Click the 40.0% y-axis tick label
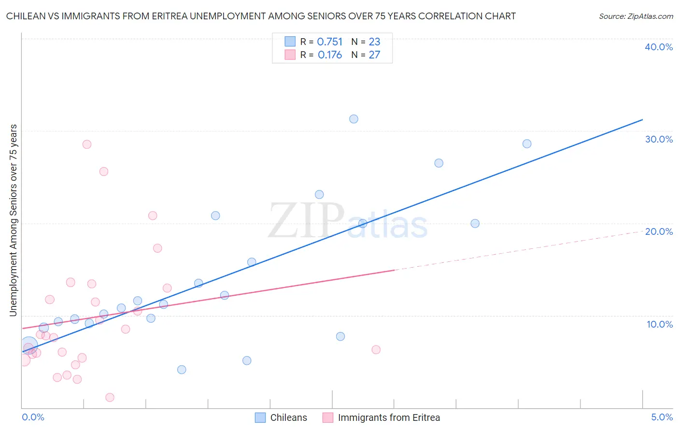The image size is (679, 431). click(x=659, y=47)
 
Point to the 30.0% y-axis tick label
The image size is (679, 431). click(x=659, y=139)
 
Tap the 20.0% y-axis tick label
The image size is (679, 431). click(x=659, y=231)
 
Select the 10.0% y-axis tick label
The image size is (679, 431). click(x=660, y=324)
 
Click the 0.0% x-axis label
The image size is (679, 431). click(x=33, y=417)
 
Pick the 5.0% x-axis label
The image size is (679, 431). click(x=662, y=417)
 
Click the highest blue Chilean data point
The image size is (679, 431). click(x=354, y=119)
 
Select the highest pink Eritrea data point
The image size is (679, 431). click(x=87, y=144)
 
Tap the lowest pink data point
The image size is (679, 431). click(x=110, y=397)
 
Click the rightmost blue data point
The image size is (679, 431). click(x=527, y=144)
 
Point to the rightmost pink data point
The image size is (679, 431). click(x=376, y=349)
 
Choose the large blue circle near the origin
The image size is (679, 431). click(x=29, y=345)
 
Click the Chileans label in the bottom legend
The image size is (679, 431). click(x=288, y=417)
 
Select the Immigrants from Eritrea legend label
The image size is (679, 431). click(x=389, y=417)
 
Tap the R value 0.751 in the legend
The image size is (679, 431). click(x=330, y=42)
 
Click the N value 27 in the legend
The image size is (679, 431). click(x=374, y=55)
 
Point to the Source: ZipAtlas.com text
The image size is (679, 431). click(x=636, y=16)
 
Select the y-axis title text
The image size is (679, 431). click(x=13, y=220)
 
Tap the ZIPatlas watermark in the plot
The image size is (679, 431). click(x=348, y=221)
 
